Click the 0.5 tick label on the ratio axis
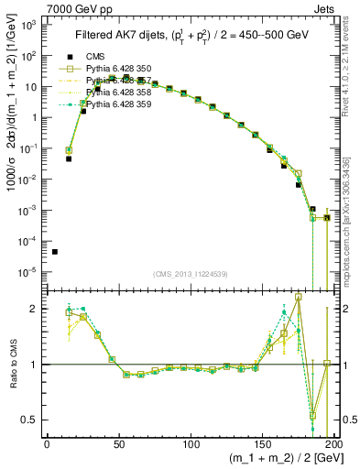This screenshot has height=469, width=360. [x=30, y=420]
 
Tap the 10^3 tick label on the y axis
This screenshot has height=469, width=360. [x=29, y=25]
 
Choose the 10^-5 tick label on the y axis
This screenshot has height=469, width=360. [x=29, y=271]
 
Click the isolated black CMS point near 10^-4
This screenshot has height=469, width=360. [x=55, y=252]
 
